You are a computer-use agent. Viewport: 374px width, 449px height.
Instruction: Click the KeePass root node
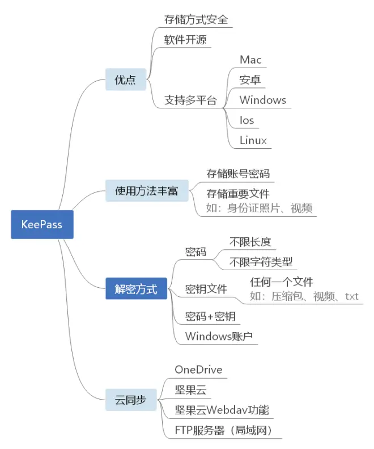(42, 224)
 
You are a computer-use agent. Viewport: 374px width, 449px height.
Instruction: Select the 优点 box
(126, 79)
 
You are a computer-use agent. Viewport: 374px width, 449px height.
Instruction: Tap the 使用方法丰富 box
(147, 191)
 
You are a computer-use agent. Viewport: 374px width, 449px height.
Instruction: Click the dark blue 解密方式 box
(136, 288)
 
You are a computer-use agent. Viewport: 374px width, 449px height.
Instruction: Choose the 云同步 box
(131, 400)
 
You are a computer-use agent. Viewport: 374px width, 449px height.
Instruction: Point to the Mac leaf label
(250, 60)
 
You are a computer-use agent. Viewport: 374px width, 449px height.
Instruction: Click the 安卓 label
(250, 79)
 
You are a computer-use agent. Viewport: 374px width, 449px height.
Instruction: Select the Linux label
(253, 140)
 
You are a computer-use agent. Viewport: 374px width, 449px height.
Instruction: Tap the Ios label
(246, 120)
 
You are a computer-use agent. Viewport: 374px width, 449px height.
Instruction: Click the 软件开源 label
(185, 40)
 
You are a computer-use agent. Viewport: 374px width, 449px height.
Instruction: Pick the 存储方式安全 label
(196, 19)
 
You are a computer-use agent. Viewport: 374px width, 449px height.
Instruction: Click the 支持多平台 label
(190, 100)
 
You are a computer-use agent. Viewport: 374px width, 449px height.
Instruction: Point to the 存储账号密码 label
(238, 174)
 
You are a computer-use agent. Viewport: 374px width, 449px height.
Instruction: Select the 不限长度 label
(250, 242)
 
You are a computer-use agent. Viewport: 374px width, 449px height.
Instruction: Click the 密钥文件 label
(206, 289)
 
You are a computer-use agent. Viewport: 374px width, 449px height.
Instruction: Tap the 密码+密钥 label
(210, 316)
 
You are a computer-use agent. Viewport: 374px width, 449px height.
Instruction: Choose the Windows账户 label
(219, 336)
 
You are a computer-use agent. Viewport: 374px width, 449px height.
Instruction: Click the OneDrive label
(198, 370)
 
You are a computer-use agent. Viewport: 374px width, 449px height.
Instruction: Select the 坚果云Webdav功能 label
(222, 410)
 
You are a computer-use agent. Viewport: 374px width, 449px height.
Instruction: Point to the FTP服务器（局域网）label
(223, 430)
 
